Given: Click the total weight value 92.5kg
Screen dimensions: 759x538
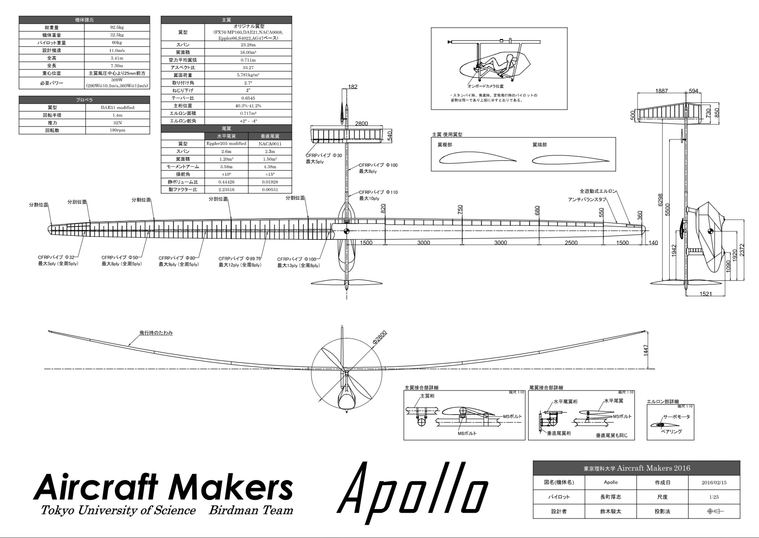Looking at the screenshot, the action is [117, 27].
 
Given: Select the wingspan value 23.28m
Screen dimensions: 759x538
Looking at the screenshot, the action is [248, 45].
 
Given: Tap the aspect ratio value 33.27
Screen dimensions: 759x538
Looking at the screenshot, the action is [248, 68].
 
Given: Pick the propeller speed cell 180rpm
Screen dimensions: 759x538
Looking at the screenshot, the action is [118, 130].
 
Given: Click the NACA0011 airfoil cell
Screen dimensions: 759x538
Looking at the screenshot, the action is [270, 144].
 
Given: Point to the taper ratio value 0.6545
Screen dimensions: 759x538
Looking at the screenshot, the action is [248, 98].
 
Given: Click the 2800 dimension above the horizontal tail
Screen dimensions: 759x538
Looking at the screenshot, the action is [362, 124].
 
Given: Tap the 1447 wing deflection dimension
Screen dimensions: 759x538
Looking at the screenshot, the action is [646, 350].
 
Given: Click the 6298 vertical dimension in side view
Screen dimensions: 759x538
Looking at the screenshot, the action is [660, 200].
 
